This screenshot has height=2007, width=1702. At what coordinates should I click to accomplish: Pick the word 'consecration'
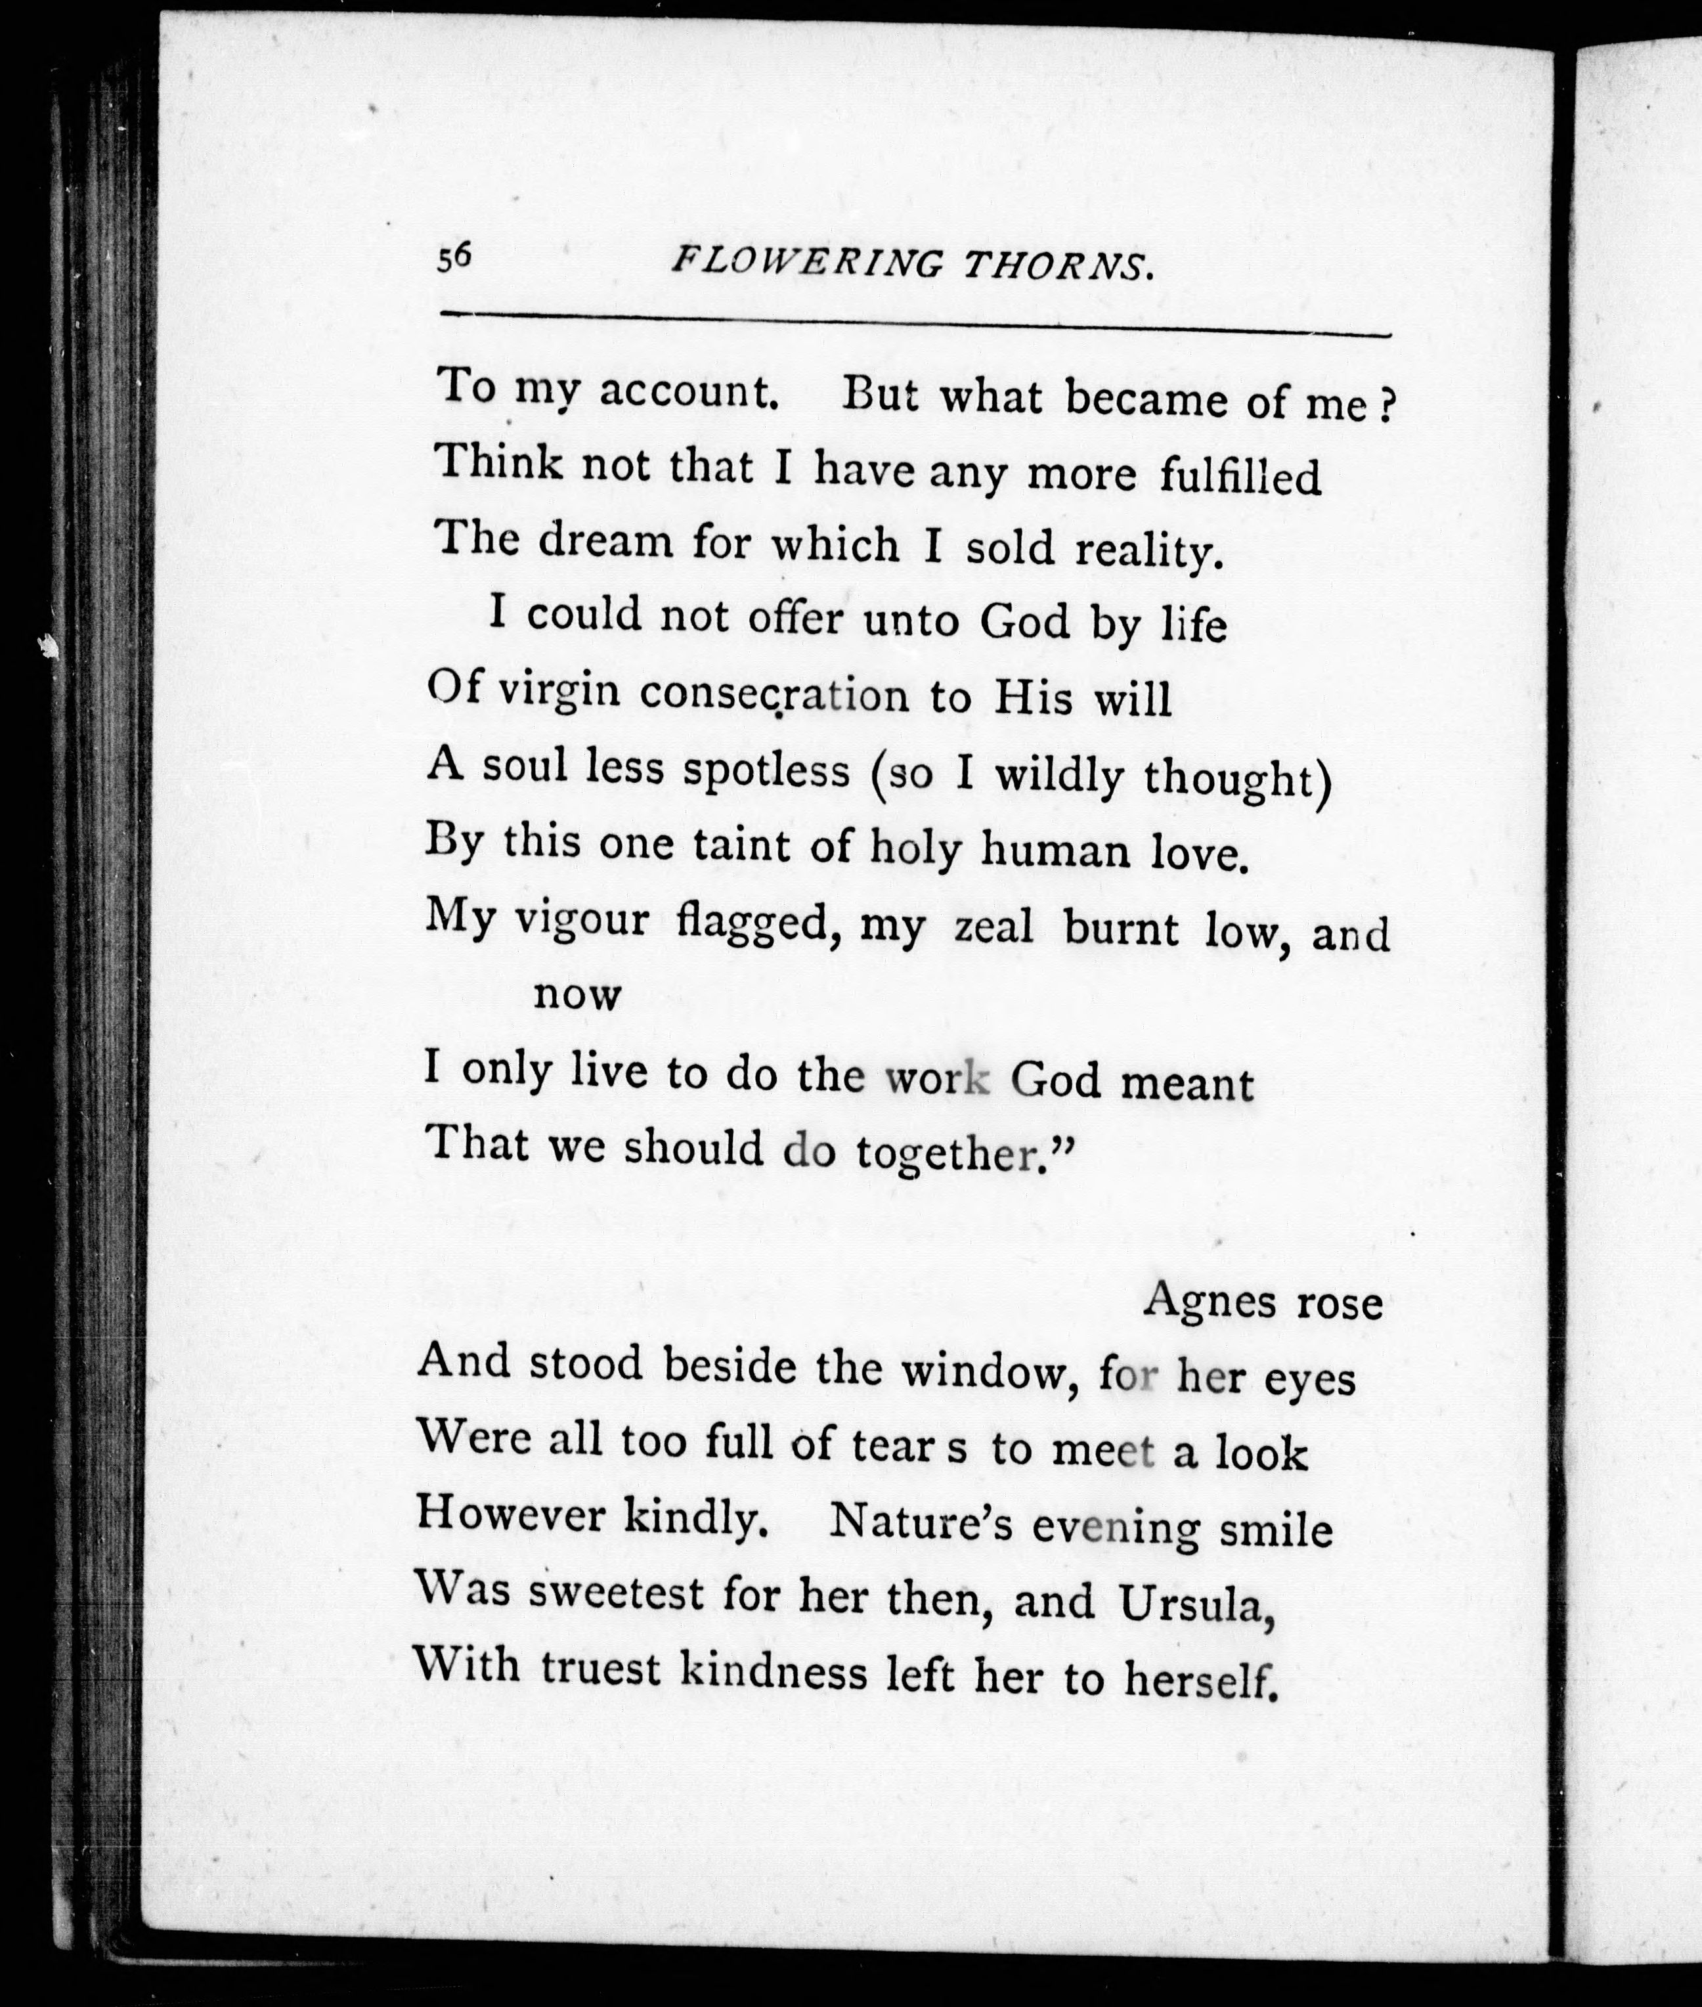click(774, 695)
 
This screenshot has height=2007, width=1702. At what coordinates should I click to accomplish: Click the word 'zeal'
click(993, 927)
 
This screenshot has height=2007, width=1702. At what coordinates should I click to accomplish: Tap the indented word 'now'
click(577, 994)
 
